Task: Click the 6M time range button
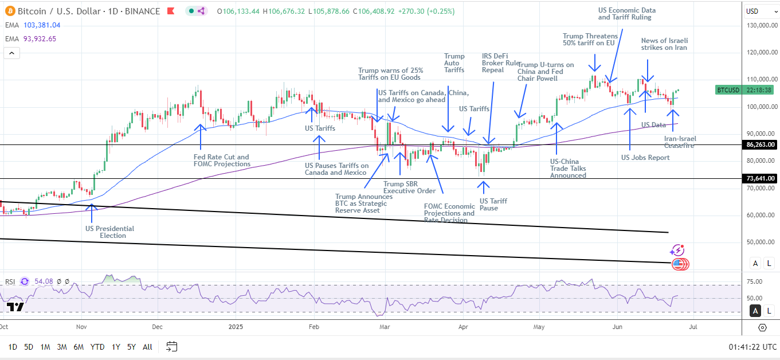tap(79, 346)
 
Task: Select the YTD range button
tap(97, 346)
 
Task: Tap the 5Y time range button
tap(131, 346)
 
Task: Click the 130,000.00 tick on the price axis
tap(761, 25)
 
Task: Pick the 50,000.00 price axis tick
tap(761, 242)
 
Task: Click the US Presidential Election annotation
tap(109, 232)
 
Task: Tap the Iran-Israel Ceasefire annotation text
tap(680, 142)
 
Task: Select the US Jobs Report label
tap(645, 157)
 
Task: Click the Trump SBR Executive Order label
tap(409, 187)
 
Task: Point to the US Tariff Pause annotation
tap(493, 205)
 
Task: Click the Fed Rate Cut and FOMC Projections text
tap(221, 161)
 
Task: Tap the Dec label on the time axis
tap(158, 327)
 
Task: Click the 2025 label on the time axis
tap(236, 327)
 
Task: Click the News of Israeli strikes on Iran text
tap(664, 44)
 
